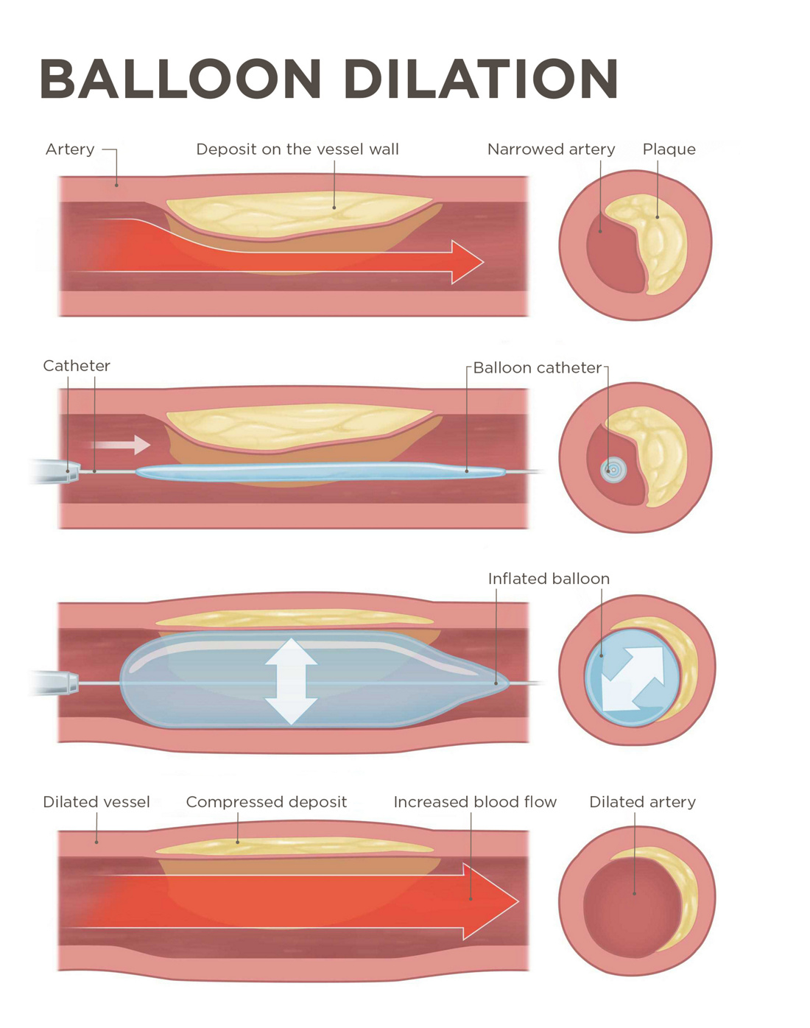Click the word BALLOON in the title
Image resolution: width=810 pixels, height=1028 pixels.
181,79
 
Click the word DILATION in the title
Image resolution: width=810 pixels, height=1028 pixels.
480,79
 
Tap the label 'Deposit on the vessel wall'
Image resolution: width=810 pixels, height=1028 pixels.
297,149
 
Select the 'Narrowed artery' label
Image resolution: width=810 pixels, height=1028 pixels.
551,149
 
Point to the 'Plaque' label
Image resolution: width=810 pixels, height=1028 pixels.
669,149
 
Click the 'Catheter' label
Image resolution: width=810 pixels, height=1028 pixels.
77,366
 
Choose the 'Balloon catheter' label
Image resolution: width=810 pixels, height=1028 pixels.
537,368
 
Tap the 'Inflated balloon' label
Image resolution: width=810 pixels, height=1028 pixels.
549,580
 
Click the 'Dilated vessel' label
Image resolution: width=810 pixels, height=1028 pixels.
96,802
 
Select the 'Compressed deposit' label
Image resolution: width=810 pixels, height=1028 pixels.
266,802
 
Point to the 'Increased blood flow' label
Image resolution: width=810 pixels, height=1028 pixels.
475,802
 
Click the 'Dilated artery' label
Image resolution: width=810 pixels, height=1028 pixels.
642,802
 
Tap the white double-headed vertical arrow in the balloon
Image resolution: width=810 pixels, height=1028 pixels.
292,681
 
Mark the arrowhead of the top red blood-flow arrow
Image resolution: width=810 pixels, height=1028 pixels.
467,261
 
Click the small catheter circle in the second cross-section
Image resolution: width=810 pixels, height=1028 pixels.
613,469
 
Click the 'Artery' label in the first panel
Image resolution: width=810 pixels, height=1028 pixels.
70,149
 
